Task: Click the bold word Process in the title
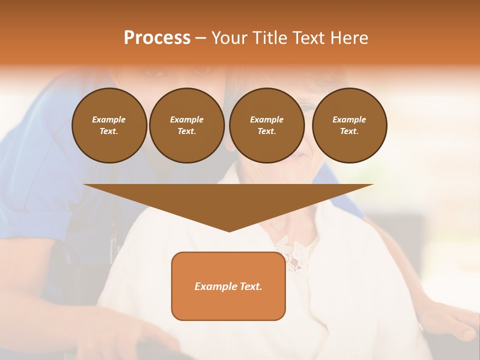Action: pos(157,38)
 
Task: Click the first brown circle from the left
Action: pos(109,125)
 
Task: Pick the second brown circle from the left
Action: pos(186,125)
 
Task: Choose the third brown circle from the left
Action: pos(266,125)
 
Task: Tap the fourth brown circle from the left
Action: pos(349,125)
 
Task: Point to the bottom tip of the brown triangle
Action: pos(229,231)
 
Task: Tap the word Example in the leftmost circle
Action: pos(109,119)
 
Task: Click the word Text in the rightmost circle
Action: pos(349,131)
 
